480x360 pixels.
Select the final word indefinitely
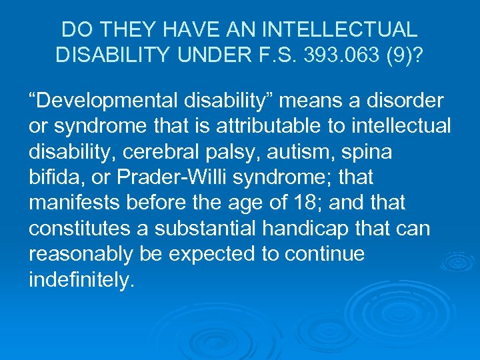point(81,279)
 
